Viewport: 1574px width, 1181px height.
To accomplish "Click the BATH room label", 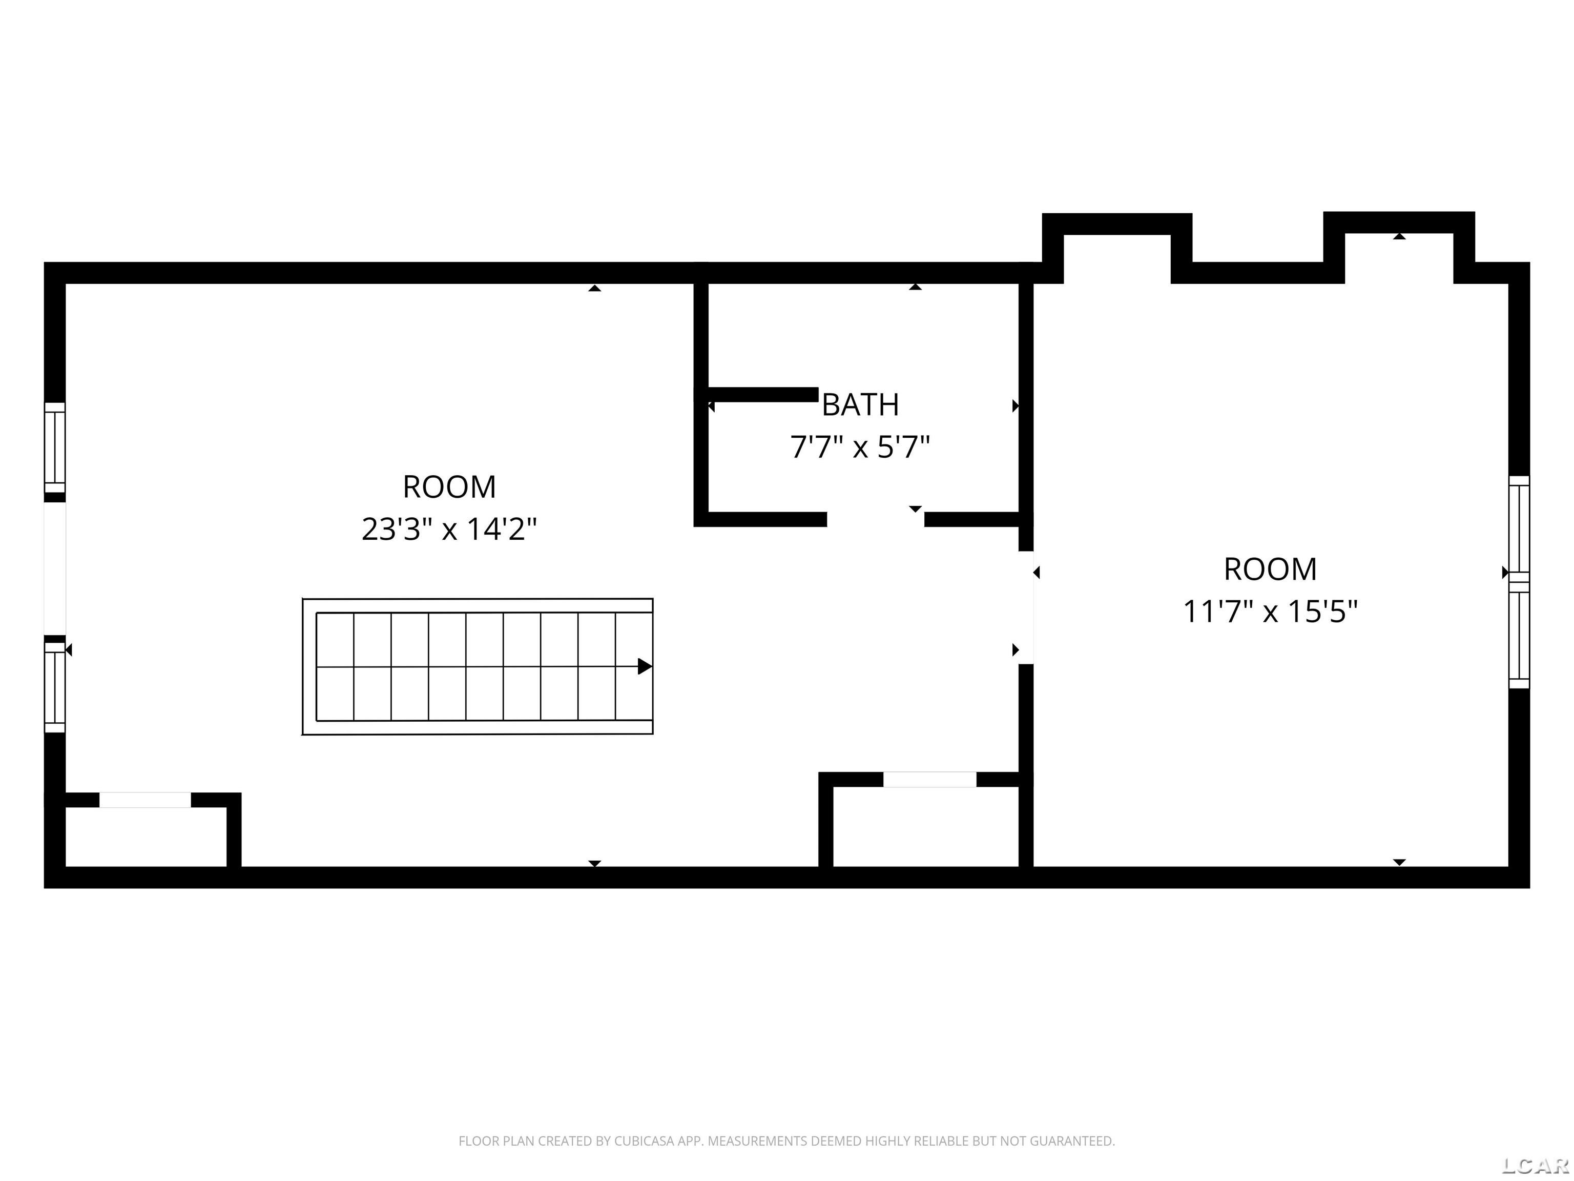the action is (860, 404).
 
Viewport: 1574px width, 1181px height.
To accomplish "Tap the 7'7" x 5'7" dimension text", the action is (860, 447).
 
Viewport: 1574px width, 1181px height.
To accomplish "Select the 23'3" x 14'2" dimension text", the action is (449, 529).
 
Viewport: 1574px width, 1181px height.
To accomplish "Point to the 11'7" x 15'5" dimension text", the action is (1270, 611).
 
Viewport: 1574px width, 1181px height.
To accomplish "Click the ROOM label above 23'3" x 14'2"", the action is (449, 487).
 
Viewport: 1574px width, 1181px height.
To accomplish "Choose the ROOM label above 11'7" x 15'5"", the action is (1270, 569).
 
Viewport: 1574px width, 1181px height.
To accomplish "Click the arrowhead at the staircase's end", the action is (645, 666).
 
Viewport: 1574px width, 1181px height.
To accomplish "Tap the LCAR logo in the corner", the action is (1535, 1165).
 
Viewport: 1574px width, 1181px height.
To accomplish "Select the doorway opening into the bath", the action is (875, 519).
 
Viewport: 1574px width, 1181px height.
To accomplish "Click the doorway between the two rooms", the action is (1026, 608).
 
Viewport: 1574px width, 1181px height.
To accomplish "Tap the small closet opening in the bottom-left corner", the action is (145, 800).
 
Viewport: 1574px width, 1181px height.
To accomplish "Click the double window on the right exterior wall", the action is (1519, 582).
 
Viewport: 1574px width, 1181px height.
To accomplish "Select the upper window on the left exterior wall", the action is (55, 448).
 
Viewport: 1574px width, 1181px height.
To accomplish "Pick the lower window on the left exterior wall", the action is (55, 688).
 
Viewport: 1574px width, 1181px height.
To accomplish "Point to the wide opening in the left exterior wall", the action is (55, 569).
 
